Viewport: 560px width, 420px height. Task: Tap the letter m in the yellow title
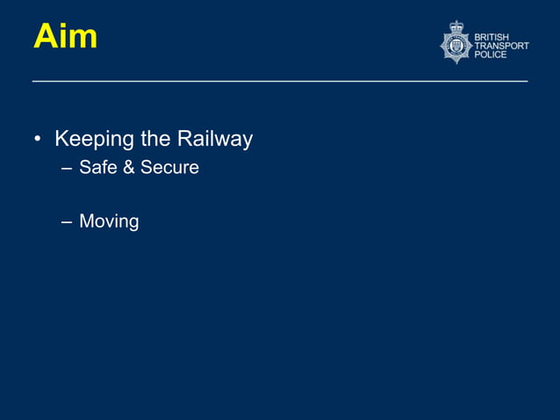coord(83,40)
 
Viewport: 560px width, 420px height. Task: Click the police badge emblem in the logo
coord(456,44)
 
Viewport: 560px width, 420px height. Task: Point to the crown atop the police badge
coord(456,26)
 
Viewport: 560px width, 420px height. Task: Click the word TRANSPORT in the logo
coord(502,46)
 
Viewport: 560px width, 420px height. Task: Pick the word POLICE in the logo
coord(491,54)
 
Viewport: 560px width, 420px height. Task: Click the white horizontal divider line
coord(280,82)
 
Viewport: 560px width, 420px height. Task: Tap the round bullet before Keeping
coord(38,140)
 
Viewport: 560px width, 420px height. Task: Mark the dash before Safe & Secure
coord(67,168)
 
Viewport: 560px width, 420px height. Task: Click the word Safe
coord(97,167)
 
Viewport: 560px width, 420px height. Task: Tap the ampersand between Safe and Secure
coord(128,167)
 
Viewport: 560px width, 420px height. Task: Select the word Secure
coord(170,167)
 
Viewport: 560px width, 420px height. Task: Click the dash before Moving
coord(67,222)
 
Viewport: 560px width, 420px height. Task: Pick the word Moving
coord(109,221)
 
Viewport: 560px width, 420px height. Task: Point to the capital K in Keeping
coord(61,139)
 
